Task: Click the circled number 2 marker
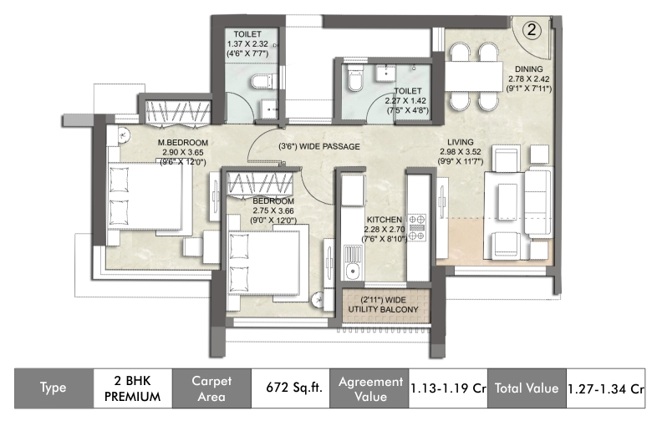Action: [532, 30]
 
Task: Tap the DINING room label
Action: [528, 69]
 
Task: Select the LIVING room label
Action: [461, 142]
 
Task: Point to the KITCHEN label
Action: [385, 220]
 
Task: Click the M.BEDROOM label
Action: [183, 143]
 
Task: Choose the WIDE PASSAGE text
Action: [329, 147]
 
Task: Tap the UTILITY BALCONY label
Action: [383, 310]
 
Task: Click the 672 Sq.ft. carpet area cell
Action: [294, 388]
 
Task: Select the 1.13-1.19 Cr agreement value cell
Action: [448, 388]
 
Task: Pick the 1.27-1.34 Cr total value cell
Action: [606, 388]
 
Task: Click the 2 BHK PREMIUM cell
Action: [133, 388]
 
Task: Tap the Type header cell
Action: [53, 388]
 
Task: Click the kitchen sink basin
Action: [353, 271]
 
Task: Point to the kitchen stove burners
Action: [417, 227]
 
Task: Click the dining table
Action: [475, 76]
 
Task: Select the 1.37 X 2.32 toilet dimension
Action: [247, 44]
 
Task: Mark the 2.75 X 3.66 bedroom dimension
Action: [273, 211]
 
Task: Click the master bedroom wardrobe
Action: [178, 112]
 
